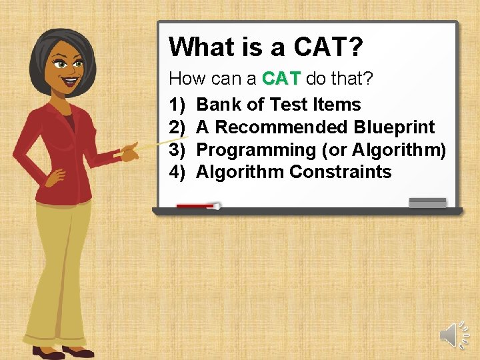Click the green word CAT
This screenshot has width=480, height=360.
click(282, 79)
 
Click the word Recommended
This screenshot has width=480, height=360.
click(282, 127)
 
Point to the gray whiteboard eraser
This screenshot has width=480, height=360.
click(427, 202)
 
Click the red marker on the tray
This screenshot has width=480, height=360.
click(197, 207)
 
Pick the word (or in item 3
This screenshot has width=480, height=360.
click(334, 150)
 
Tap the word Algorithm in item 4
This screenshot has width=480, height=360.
click(240, 172)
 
